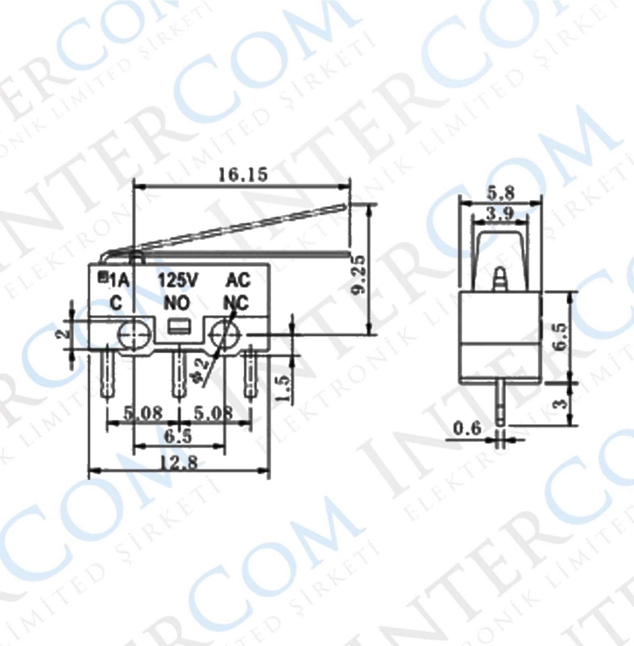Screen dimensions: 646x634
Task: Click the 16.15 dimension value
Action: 243,175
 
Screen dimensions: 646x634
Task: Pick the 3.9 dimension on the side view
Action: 499,214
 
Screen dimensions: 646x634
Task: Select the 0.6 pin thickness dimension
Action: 468,428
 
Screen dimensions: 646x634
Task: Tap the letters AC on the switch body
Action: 238,280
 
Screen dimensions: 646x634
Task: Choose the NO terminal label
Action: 177,303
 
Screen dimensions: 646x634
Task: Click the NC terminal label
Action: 236,303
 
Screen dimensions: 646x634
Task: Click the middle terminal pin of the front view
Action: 178,373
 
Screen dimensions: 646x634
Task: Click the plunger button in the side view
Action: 500,278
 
